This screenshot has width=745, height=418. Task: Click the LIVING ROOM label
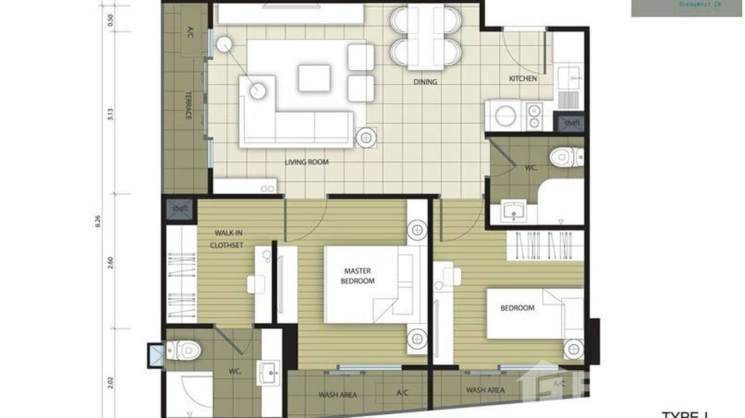(306, 162)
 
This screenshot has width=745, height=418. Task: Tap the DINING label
(425, 82)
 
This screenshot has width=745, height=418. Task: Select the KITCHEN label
(523, 79)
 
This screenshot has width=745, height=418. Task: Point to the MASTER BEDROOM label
(358, 276)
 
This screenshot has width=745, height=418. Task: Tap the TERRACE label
(188, 105)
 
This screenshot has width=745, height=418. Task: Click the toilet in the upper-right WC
(566, 157)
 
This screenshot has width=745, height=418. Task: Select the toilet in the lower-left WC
(184, 350)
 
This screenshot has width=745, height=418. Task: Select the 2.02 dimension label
(110, 382)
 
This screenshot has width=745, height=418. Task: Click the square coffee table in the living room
(314, 78)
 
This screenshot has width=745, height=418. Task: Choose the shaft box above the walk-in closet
(180, 208)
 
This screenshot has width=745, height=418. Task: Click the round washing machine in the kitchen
(505, 116)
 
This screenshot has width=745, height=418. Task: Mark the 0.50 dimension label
(110, 21)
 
